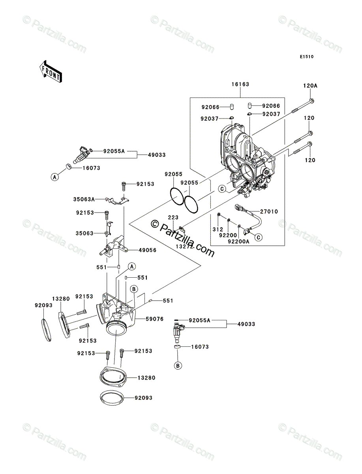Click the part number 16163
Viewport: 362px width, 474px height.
pyautogui.click(x=241, y=85)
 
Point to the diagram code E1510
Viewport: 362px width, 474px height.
pyautogui.click(x=306, y=57)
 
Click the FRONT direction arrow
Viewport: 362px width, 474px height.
pyautogui.click(x=50, y=71)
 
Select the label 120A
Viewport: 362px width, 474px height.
pyautogui.click(x=310, y=85)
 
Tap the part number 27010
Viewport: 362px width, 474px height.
pyautogui.click(x=269, y=212)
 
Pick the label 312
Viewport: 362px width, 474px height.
pyautogui.click(x=219, y=229)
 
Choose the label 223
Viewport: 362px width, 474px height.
pyautogui.click(x=173, y=217)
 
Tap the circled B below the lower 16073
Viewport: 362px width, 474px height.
pyautogui.click(x=178, y=366)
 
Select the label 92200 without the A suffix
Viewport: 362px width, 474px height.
pyautogui.click(x=227, y=234)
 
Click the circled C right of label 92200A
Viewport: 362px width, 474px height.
pyautogui.click(x=259, y=237)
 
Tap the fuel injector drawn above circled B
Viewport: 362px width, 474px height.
pyautogui.click(x=177, y=331)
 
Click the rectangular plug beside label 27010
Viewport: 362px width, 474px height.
pyautogui.click(x=239, y=207)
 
